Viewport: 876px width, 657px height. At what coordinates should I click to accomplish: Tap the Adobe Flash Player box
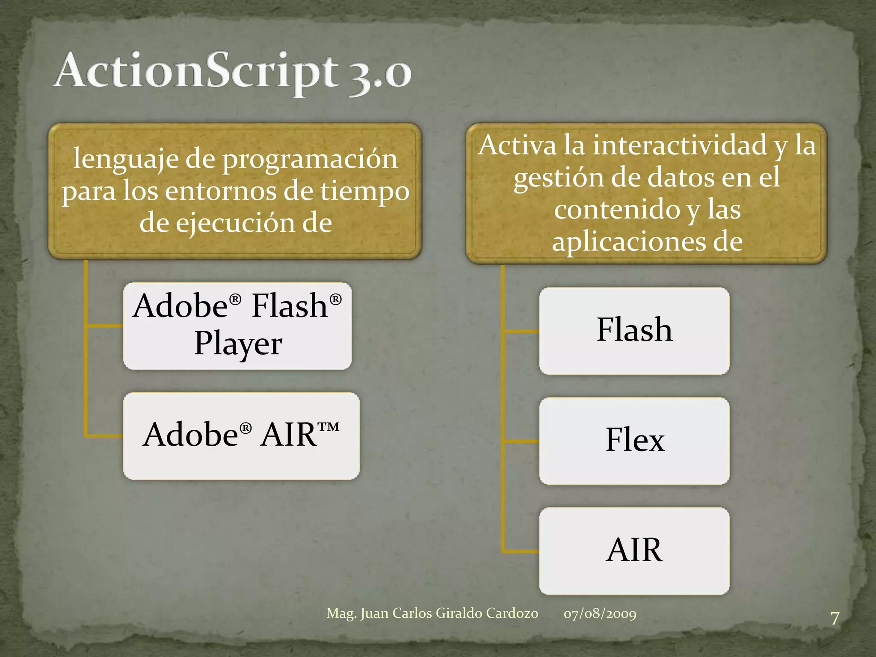[237, 326]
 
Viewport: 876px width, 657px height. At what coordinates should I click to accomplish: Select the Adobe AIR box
[241, 436]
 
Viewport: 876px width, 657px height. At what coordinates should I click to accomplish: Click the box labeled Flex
[634, 441]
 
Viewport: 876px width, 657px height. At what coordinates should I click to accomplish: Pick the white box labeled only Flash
[634, 331]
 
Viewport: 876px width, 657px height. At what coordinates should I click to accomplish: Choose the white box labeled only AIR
[634, 551]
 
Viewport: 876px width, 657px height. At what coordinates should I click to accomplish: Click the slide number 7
[835, 619]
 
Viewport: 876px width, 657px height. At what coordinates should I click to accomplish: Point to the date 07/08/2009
[600, 614]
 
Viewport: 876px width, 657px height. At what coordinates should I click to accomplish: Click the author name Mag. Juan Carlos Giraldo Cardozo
[432, 613]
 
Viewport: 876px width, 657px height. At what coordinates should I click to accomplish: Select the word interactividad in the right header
[680, 145]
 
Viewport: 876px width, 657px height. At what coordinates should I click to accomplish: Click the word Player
[238, 344]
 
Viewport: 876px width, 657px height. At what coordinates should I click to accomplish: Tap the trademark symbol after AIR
[328, 427]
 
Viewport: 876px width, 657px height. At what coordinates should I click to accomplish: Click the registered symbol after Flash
[336, 299]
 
